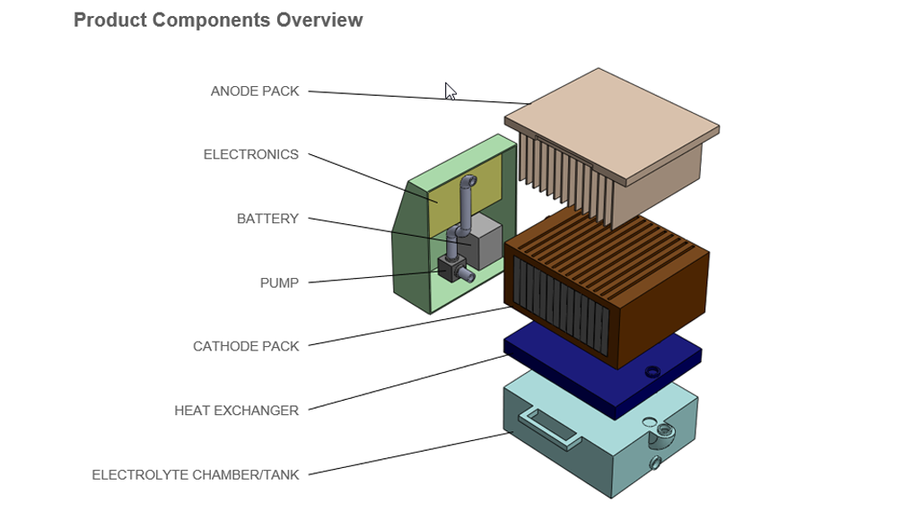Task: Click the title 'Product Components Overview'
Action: click(218, 20)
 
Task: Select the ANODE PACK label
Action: click(255, 91)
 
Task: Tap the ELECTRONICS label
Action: click(251, 155)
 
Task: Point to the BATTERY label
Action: click(267, 219)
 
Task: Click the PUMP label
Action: click(279, 283)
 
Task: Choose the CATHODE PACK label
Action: click(246, 347)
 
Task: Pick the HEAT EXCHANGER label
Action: click(236, 411)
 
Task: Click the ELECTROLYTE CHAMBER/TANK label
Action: click(196, 475)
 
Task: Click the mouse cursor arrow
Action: click(450, 91)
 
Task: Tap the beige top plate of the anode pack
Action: click(610, 121)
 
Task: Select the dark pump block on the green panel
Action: click(447, 267)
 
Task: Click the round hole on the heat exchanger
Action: click(652, 370)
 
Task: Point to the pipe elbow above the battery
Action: click(468, 184)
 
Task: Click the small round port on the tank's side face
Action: click(655, 463)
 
